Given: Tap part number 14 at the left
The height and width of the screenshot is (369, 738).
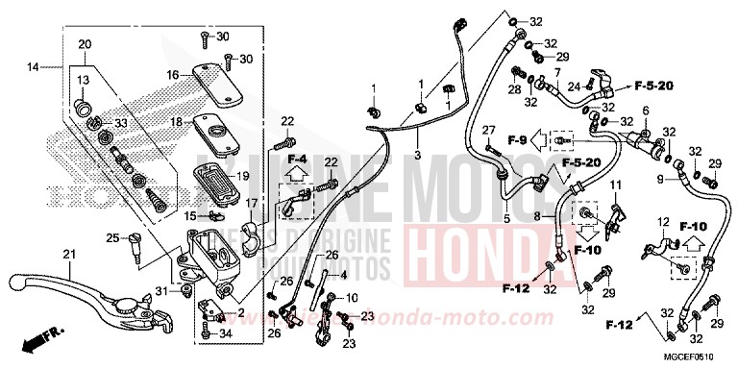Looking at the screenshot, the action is click(x=34, y=66).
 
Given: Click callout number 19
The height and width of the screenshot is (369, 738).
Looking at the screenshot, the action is click(x=242, y=177).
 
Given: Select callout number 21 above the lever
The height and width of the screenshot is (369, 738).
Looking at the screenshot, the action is click(x=67, y=254).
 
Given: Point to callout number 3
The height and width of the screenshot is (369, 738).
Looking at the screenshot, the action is click(x=417, y=154).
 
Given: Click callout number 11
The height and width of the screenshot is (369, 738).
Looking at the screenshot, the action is click(x=616, y=184).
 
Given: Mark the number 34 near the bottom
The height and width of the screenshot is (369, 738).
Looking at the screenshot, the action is click(x=226, y=334).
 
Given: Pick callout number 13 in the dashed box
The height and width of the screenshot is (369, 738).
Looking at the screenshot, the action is click(x=83, y=79).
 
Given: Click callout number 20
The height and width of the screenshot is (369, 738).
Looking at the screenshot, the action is click(x=84, y=44).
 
